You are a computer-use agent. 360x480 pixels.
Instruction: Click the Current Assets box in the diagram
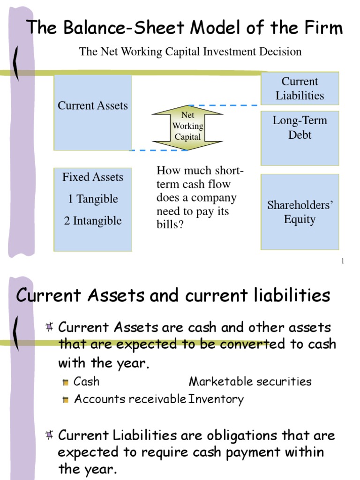pyautogui.click(x=93, y=112)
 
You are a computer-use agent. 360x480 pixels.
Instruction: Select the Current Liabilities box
pyautogui.click(x=300, y=89)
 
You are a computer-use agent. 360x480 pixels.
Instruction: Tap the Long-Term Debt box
pyautogui.click(x=300, y=138)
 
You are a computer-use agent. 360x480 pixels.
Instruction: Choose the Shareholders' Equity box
pyautogui.click(x=300, y=212)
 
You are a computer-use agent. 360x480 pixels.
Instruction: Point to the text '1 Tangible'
pyautogui.click(x=93, y=199)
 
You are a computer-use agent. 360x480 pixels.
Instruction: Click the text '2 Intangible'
pyautogui.click(x=93, y=220)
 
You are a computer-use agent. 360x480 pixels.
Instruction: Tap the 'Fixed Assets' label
pyautogui.click(x=93, y=177)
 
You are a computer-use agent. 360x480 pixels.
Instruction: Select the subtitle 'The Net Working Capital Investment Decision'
pyautogui.click(x=190, y=52)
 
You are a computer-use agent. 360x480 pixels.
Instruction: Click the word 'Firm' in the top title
pyautogui.click(x=322, y=28)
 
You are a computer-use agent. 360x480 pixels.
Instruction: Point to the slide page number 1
pyautogui.click(x=343, y=261)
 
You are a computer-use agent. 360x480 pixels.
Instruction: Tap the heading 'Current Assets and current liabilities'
pyautogui.click(x=173, y=295)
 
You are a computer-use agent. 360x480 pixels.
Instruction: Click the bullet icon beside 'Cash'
pyautogui.click(x=66, y=382)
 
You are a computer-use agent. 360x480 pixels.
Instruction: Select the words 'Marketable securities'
pyautogui.click(x=250, y=382)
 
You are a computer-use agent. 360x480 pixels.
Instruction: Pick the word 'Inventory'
pyautogui.click(x=216, y=399)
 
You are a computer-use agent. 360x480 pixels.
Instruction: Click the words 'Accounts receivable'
pyautogui.click(x=130, y=399)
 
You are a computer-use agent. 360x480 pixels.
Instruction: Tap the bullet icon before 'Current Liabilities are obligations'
pyautogui.click(x=49, y=436)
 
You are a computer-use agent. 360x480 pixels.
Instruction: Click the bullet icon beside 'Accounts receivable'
pyautogui.click(x=66, y=400)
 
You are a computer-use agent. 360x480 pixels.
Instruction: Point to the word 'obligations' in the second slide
pyautogui.click(x=227, y=435)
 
